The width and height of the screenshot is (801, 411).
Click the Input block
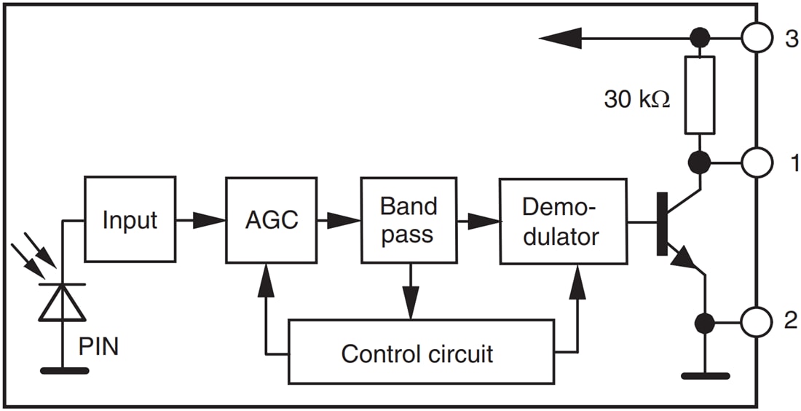click(x=130, y=219)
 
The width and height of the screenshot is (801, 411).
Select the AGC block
click(x=272, y=219)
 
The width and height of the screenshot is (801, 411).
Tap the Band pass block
click(x=409, y=219)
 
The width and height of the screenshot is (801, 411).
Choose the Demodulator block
click(x=562, y=220)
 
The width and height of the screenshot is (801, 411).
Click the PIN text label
click(x=98, y=346)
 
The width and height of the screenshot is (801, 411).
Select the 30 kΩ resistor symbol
click(x=699, y=95)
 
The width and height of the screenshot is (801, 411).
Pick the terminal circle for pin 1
click(x=757, y=162)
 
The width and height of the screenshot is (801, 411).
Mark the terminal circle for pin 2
click(x=757, y=321)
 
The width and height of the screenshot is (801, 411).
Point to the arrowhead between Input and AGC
click(x=210, y=219)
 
